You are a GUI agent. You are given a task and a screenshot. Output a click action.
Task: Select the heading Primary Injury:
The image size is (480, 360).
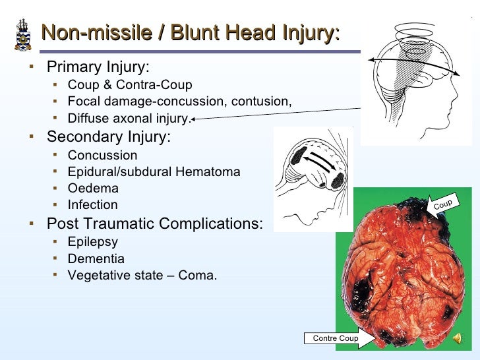click(98, 67)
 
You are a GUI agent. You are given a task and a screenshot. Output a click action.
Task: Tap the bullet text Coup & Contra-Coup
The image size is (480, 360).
click(130, 85)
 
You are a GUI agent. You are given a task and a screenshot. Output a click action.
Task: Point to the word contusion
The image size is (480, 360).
click(262, 102)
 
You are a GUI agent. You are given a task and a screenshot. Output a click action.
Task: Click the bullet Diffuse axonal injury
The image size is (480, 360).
click(129, 119)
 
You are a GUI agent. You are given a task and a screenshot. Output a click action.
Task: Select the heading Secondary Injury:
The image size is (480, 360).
click(108, 137)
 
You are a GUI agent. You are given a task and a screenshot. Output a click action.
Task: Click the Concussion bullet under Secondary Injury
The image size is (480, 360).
click(102, 156)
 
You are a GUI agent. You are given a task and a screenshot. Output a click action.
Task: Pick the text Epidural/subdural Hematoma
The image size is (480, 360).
click(154, 172)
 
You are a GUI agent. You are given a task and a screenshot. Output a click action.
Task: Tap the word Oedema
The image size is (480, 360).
click(92, 189)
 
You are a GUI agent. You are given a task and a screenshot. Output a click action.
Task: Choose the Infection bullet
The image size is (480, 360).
click(92, 205)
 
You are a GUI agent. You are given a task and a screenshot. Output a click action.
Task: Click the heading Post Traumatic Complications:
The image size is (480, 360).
click(154, 224)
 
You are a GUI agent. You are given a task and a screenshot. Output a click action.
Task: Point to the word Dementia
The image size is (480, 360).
click(96, 258)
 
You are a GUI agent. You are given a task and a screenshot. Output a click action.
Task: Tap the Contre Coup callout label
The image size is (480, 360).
click(335, 338)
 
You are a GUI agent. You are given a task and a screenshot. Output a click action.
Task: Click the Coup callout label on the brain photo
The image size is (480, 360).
click(443, 204)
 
